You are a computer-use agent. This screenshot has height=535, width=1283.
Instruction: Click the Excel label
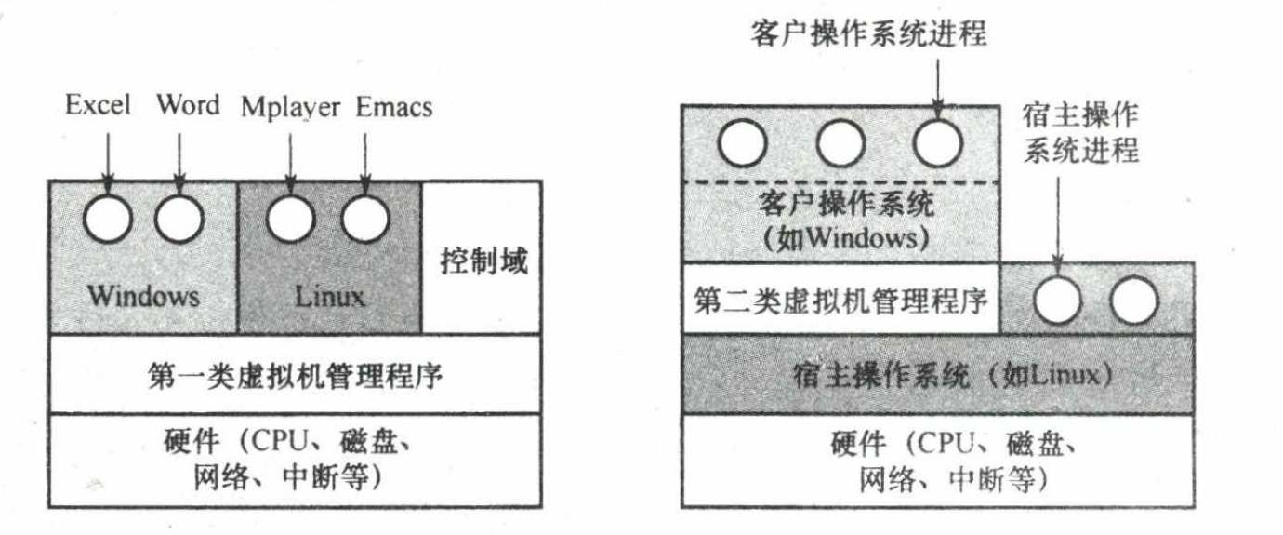point(98,104)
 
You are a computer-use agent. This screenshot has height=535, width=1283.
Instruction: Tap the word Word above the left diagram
point(188,104)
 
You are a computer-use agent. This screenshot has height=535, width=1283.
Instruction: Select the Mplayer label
point(290,108)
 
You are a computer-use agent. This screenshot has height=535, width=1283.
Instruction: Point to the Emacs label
point(394,107)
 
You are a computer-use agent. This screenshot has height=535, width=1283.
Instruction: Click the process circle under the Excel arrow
point(108,219)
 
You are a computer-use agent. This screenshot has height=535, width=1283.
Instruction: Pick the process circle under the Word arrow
point(179,219)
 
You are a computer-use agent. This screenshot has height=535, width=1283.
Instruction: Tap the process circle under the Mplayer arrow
point(290,219)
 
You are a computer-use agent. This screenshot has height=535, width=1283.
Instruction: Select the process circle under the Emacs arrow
point(364,219)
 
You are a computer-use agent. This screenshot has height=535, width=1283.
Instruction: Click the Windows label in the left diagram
point(144,296)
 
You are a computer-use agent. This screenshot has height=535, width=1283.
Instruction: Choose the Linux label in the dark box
point(330,297)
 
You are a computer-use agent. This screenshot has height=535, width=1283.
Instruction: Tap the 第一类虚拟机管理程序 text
point(296,376)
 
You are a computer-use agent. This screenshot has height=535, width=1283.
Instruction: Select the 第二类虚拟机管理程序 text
point(840,301)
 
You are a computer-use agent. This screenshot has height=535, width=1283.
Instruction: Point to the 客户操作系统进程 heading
point(869,33)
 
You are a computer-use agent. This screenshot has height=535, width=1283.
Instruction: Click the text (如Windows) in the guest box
point(847,238)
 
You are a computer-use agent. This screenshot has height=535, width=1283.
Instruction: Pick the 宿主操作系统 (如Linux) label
point(953,376)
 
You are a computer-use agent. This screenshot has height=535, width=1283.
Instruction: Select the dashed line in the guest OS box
point(840,182)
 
